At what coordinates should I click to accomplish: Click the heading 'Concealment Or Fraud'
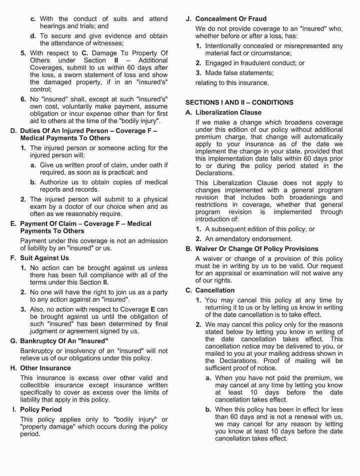[230, 18]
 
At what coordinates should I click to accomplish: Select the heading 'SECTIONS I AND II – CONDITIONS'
[239, 102]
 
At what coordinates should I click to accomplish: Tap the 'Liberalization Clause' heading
[228, 112]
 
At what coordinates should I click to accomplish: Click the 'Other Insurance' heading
[45, 368]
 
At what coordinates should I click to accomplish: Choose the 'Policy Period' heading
[41, 410]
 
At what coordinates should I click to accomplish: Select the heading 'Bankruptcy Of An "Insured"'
[64, 341]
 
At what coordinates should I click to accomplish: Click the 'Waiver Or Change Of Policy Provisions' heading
[256, 249]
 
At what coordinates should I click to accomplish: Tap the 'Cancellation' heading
[215, 290]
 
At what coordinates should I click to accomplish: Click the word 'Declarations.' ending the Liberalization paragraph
[214, 173]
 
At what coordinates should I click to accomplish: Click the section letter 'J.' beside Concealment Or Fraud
[188, 18]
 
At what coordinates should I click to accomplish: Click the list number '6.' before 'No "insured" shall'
[23, 99]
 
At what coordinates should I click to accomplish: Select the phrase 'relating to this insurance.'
[232, 83]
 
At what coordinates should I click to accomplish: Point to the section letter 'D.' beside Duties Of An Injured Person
[13, 131]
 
